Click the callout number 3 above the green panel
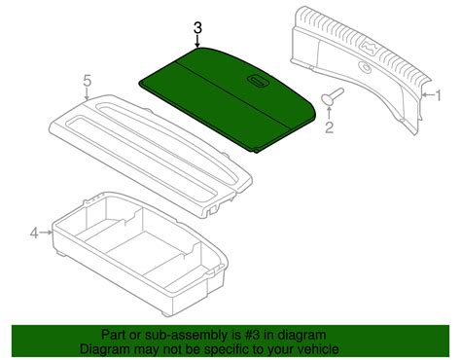coord(198,29)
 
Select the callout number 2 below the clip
coord(330,126)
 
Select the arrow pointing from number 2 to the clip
coord(329,112)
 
